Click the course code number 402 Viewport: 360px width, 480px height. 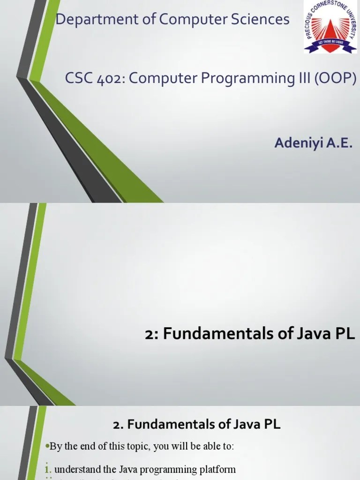pos(109,78)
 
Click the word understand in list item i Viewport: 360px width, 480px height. pos(77,469)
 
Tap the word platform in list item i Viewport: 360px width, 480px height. pos(218,469)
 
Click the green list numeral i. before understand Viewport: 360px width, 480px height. pos(49,469)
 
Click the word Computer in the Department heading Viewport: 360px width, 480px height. pos(188,20)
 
